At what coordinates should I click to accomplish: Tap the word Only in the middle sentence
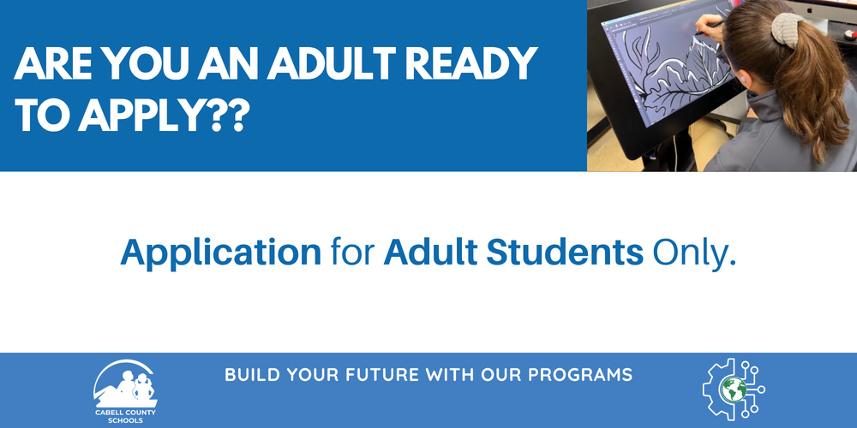coord(693,253)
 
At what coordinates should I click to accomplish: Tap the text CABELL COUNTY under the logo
coord(125,413)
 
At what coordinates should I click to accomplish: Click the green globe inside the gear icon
coord(733,389)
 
